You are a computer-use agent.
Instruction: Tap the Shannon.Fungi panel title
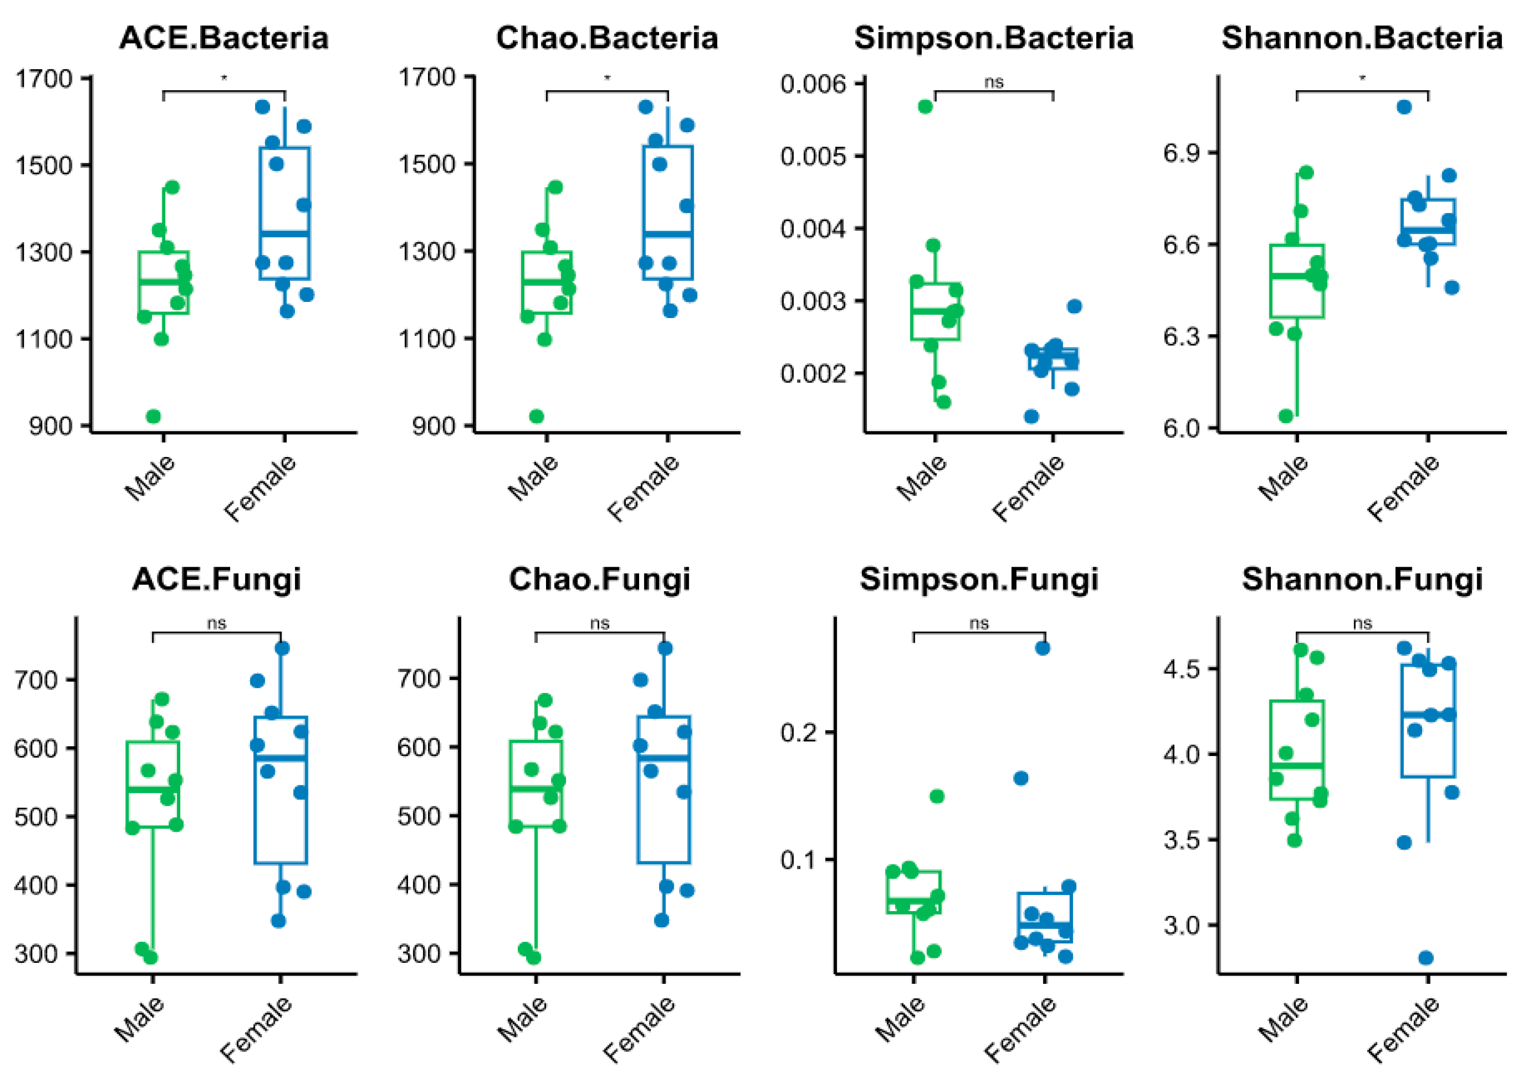pyautogui.click(x=1362, y=579)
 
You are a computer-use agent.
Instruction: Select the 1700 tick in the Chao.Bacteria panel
pyautogui.click(x=427, y=78)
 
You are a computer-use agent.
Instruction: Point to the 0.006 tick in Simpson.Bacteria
pyautogui.click(x=814, y=84)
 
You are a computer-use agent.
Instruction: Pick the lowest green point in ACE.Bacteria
pyautogui.click(x=153, y=416)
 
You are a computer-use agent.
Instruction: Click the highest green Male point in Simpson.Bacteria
pyautogui.click(x=925, y=107)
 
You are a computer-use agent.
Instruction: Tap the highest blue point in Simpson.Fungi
pyautogui.click(x=1043, y=648)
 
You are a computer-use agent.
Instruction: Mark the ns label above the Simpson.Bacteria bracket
pyautogui.click(x=994, y=82)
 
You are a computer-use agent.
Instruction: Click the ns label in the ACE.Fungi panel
pyautogui.click(x=216, y=624)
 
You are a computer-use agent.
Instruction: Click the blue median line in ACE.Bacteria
pyautogui.click(x=284, y=233)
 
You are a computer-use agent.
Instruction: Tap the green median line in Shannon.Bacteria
pyautogui.click(x=1296, y=275)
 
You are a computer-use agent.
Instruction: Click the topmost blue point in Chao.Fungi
pyautogui.click(x=665, y=648)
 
